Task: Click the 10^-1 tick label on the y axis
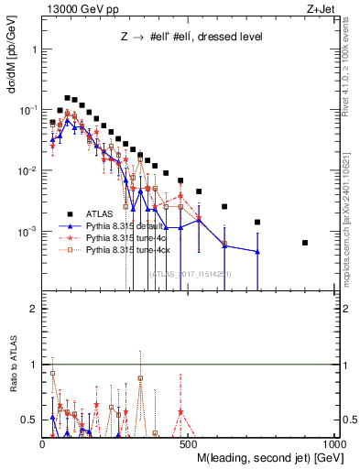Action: (27, 109)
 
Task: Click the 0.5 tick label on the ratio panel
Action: (29, 420)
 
